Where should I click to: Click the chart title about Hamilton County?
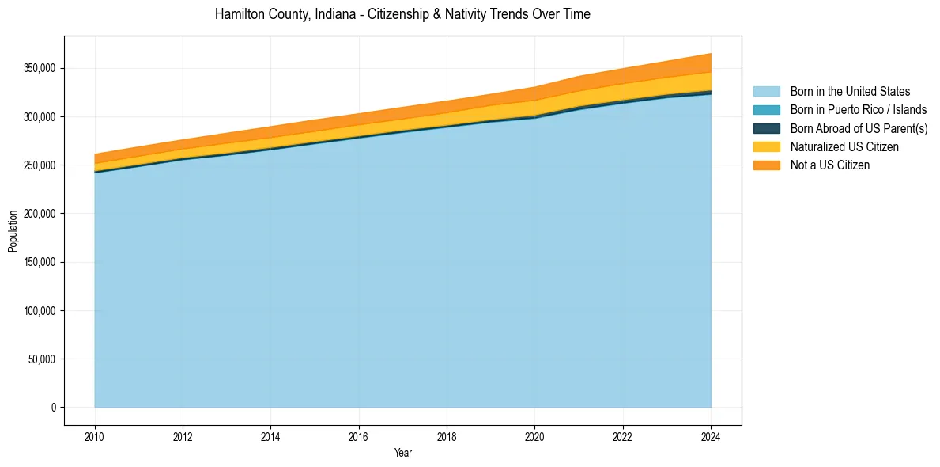click(x=402, y=14)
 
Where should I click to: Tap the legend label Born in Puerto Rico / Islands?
click(x=859, y=110)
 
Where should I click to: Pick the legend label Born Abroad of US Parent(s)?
click(x=859, y=128)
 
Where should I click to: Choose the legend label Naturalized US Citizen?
click(x=844, y=146)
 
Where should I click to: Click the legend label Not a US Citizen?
click(x=830, y=165)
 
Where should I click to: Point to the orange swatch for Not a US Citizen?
click(x=766, y=165)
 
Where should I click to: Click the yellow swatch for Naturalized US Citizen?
click(x=766, y=146)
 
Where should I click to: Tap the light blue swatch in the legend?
click(x=766, y=92)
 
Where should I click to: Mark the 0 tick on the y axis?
click(x=55, y=408)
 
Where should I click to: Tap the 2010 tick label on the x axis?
click(x=95, y=436)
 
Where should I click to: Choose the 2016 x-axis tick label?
click(x=359, y=436)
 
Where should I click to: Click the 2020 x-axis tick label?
click(x=535, y=436)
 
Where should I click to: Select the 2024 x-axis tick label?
click(x=711, y=436)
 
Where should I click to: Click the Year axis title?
click(x=402, y=453)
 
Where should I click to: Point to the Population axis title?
click(x=13, y=231)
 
